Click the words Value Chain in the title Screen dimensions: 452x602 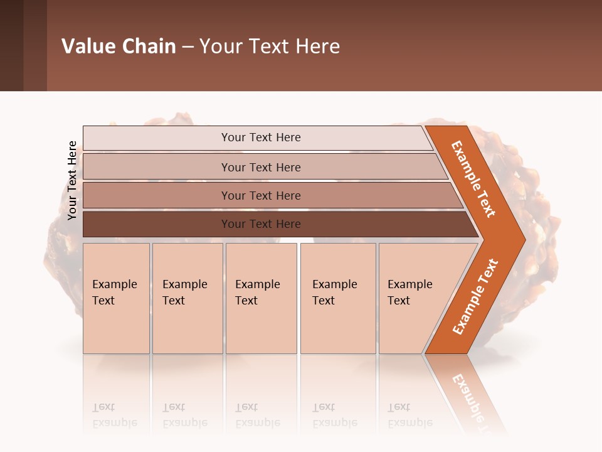pyautogui.click(x=119, y=46)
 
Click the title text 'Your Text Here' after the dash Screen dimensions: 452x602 pyautogui.click(x=270, y=46)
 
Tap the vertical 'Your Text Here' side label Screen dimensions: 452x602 pyautogui.click(x=72, y=180)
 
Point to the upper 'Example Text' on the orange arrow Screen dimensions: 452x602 pyautogui.click(x=473, y=180)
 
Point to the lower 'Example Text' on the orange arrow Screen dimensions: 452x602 pyautogui.click(x=475, y=297)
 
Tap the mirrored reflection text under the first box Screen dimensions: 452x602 pyautogui.click(x=115, y=415)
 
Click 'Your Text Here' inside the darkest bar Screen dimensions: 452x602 pyautogui.click(x=261, y=224)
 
